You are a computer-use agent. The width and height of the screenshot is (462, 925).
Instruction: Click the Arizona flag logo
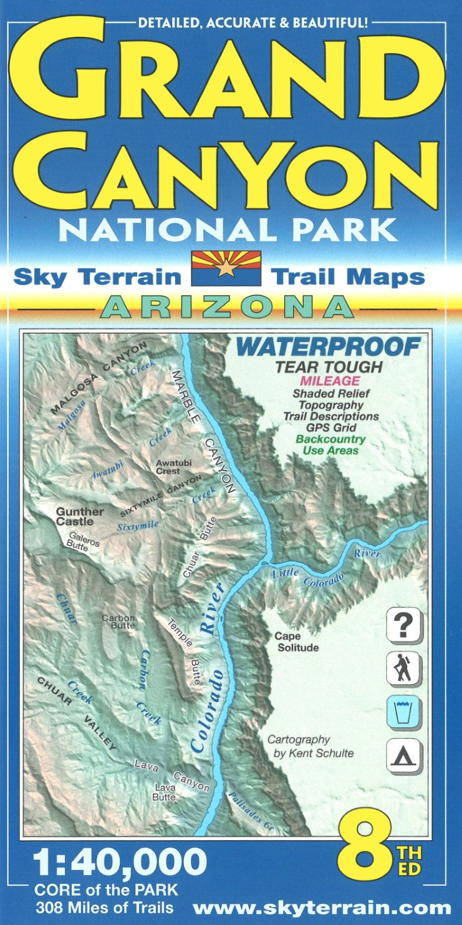pyautogui.click(x=226, y=268)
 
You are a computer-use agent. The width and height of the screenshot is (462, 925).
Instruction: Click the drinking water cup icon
pyautogui.click(x=403, y=712)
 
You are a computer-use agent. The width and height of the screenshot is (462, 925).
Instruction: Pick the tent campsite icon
pyautogui.click(x=403, y=756)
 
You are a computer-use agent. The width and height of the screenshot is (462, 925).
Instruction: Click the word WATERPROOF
pyautogui.click(x=329, y=347)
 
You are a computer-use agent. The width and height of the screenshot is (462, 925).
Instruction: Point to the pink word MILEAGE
pyautogui.click(x=329, y=380)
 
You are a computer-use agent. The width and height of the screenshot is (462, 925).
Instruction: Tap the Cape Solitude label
pyautogui.click(x=297, y=642)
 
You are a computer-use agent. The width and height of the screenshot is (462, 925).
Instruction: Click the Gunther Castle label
pyautogui.click(x=80, y=516)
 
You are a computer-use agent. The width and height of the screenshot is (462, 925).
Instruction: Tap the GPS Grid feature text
pyautogui.click(x=330, y=428)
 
